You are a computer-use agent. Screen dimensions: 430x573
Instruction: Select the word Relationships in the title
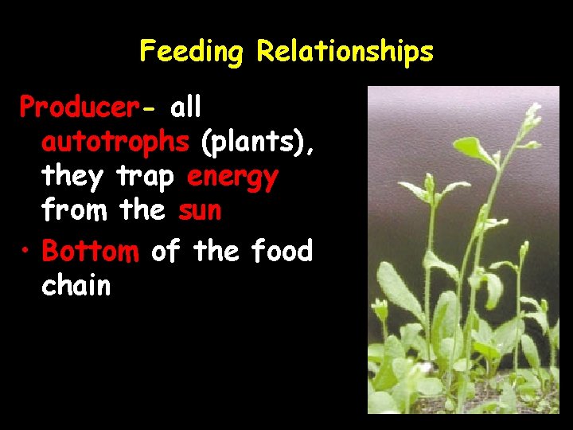(345, 52)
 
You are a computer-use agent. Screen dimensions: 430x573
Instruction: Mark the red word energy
(232, 178)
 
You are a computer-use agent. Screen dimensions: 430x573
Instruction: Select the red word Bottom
(90, 251)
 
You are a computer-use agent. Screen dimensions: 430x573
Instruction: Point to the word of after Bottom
(166, 251)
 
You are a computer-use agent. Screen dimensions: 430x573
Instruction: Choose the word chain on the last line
(76, 286)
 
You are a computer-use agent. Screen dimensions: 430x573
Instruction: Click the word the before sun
(142, 211)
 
